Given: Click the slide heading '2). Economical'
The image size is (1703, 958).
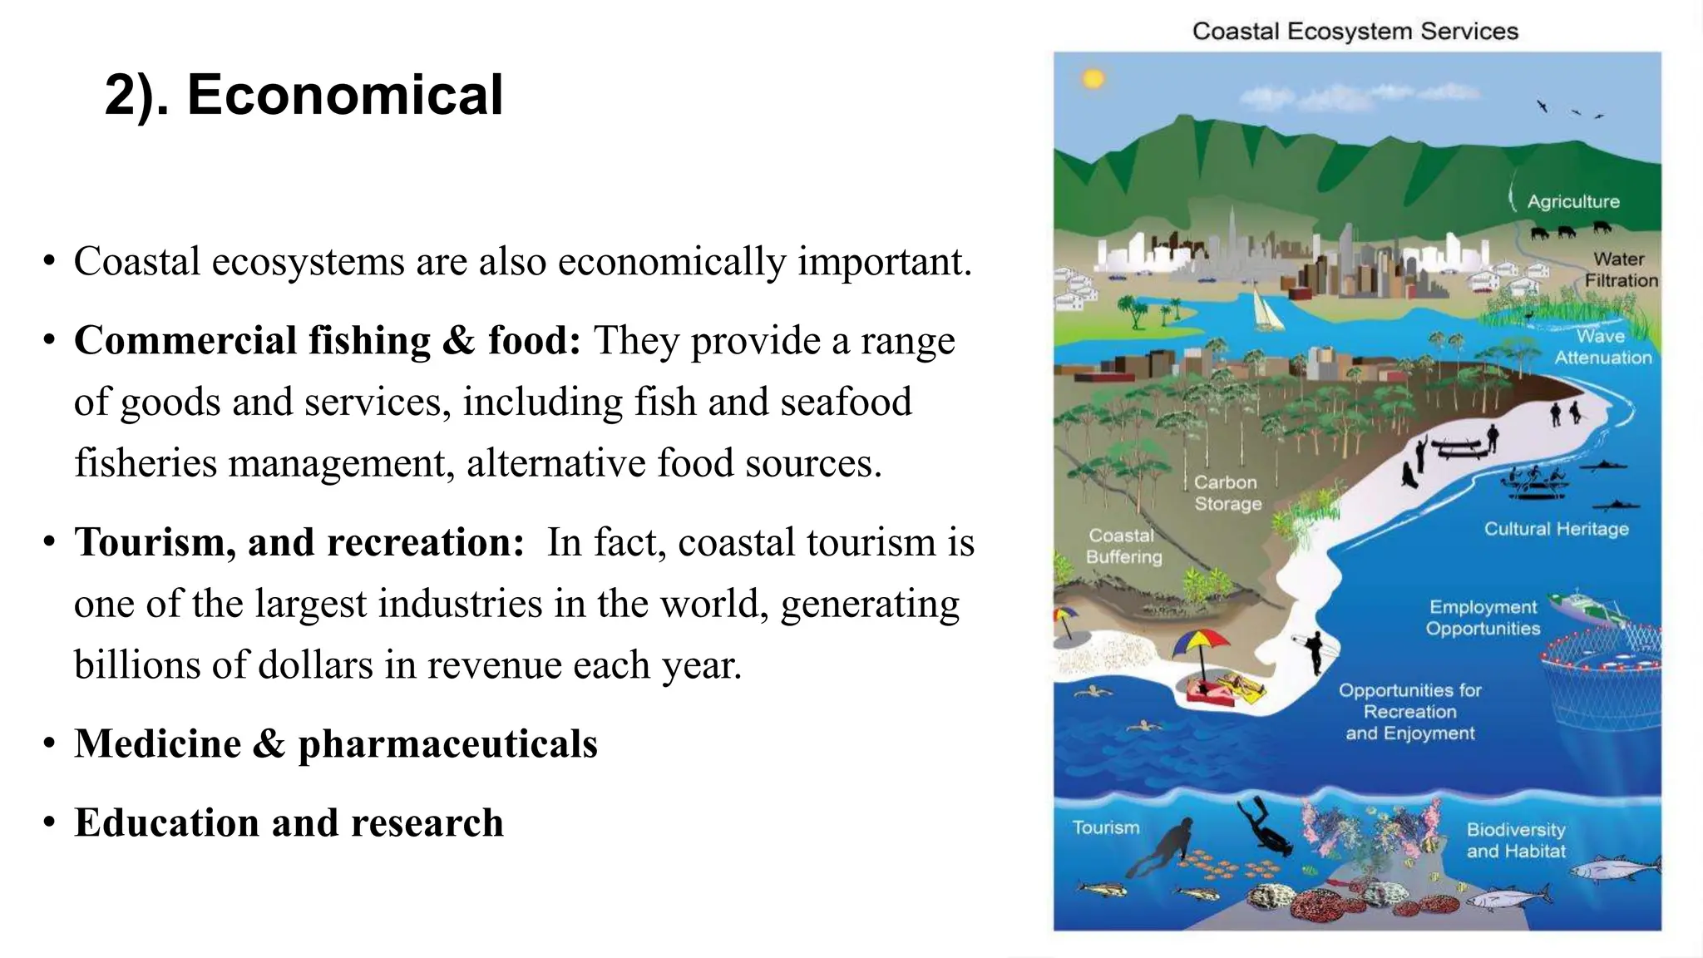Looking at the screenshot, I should pos(304,94).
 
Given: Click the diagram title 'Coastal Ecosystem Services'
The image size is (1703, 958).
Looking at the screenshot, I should pos(1355,32).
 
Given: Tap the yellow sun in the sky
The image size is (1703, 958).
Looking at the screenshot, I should pos(1093,79).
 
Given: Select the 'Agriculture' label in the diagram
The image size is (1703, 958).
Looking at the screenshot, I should pos(1573,201).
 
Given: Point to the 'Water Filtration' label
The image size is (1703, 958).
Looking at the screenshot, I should pos(1620,270).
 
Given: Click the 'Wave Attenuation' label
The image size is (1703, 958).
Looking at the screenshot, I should pos(1602,347).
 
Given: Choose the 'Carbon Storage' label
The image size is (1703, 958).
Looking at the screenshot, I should pos(1227,493).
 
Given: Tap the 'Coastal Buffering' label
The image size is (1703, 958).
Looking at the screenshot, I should pos(1123,546).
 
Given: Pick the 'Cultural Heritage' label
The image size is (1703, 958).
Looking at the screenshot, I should pos(1556,529).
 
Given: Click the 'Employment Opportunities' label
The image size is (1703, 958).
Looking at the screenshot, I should pos(1483,618).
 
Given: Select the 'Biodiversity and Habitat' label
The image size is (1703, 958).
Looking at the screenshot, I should pos(1516,840).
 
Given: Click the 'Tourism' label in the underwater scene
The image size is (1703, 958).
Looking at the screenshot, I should pos(1105,827).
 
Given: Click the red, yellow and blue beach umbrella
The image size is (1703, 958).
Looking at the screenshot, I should pos(1200,645).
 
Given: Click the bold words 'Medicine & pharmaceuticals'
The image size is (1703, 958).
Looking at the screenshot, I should pos(336,743).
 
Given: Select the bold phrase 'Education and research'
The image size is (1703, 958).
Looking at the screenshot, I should pos(289,822).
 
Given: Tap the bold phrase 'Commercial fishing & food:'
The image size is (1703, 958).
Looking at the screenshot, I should pos(327,340).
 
